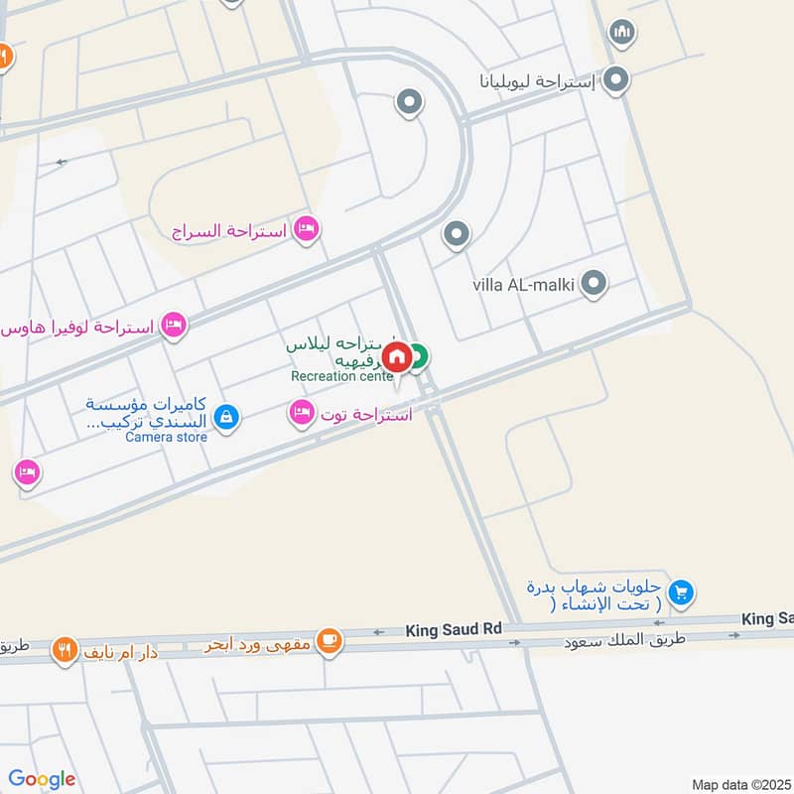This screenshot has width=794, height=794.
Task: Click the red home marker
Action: [x=397, y=357]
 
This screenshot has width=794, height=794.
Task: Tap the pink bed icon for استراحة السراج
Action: [x=308, y=230]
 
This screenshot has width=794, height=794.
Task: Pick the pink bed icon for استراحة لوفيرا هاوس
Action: [x=174, y=325]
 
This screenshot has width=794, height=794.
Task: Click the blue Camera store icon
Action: [x=227, y=417]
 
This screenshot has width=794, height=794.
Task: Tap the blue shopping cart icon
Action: [x=680, y=594]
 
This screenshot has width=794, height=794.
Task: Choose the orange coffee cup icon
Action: [x=331, y=643]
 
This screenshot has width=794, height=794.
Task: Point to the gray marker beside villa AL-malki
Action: [x=594, y=286]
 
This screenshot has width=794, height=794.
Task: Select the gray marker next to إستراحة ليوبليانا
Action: [x=616, y=77]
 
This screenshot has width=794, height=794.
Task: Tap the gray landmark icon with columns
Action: [x=622, y=33]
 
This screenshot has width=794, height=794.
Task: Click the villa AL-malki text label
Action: [x=525, y=286]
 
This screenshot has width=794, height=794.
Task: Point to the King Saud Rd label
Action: [x=454, y=629]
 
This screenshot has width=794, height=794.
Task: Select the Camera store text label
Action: [x=166, y=437]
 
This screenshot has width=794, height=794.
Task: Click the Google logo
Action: [x=42, y=779]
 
